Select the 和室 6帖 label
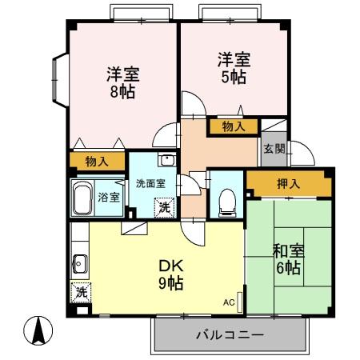pos(286,258)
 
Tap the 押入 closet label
pos(289,184)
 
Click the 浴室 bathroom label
pos(108,196)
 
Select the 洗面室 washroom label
pos(150,183)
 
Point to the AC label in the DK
pos(229,303)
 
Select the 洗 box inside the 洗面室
pos(163,207)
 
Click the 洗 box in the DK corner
pos(81,293)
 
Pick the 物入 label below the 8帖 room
pos(97,162)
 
